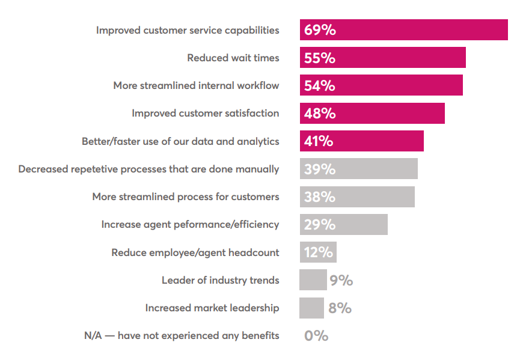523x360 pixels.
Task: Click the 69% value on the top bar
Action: click(x=320, y=30)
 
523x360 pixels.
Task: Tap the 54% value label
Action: click(x=320, y=85)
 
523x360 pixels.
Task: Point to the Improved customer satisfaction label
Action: click(x=205, y=113)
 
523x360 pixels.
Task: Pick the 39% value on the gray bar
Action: click(x=320, y=169)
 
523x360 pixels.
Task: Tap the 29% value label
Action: click(x=320, y=224)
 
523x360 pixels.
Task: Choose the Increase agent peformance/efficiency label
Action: click(x=190, y=224)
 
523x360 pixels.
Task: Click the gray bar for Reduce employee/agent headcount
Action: click(x=318, y=252)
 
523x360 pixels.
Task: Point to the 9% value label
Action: click(x=341, y=280)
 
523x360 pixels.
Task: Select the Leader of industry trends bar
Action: click(x=313, y=280)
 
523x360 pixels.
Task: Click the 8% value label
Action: click(x=340, y=308)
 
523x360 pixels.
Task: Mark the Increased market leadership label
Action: click(x=212, y=308)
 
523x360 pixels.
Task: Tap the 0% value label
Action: click(x=316, y=335)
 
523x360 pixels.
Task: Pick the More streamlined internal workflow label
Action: click(x=196, y=85)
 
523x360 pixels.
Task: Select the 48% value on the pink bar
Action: click(x=320, y=113)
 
